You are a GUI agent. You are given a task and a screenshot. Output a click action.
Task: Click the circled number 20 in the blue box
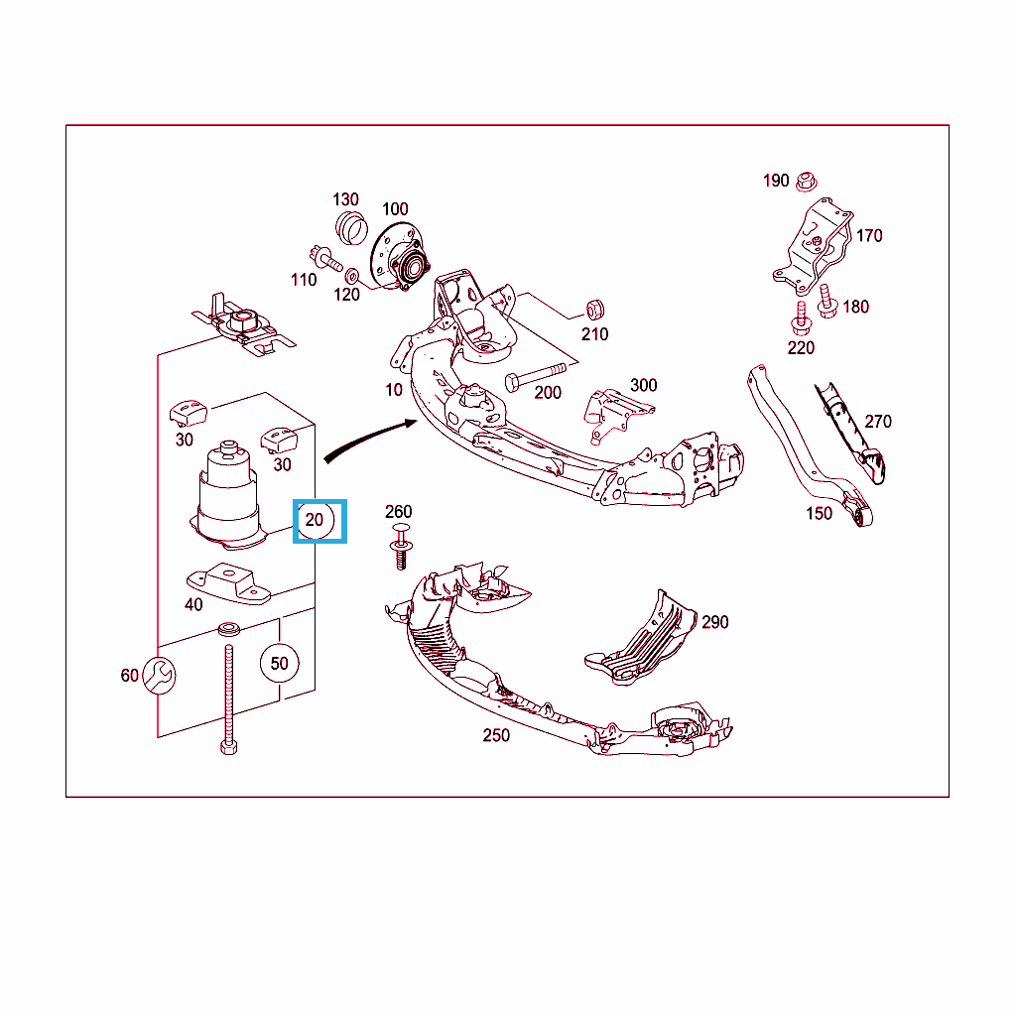315,520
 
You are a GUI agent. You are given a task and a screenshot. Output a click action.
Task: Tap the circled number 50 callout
279,664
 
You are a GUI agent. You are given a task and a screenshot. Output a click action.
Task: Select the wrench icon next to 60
159,675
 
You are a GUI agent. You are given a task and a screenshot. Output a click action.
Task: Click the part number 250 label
496,735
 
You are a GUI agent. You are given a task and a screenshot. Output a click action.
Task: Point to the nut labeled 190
806,182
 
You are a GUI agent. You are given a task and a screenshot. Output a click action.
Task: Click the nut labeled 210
595,311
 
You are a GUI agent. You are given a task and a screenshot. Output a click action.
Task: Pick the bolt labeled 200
535,376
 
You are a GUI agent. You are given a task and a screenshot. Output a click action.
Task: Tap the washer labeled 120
352,276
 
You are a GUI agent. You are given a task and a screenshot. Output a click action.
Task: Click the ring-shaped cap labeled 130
351,227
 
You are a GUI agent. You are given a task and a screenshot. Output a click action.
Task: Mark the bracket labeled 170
814,246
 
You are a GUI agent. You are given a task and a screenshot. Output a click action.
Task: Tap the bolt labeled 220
801,317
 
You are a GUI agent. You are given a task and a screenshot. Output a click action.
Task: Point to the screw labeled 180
826,302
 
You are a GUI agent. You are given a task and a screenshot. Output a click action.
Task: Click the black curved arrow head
411,424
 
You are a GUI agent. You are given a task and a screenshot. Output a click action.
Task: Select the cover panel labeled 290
642,638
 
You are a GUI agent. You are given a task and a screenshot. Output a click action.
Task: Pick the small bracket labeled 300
615,415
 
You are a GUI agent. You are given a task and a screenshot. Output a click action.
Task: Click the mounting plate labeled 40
229,583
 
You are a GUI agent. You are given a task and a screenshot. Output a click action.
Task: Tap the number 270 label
878,422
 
